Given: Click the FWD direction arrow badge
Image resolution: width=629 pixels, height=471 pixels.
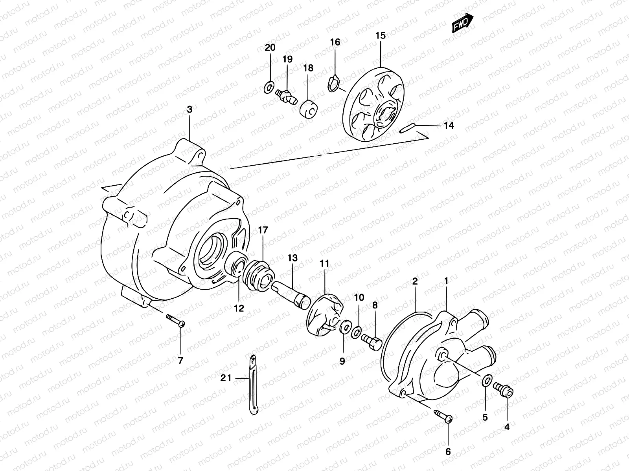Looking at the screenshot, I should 463,24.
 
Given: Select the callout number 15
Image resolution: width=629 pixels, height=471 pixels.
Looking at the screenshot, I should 380,36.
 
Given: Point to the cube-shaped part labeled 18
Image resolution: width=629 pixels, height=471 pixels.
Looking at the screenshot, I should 309,109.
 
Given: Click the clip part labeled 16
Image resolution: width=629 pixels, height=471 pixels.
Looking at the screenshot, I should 333,84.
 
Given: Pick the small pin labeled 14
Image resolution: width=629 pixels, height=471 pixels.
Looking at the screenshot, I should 405,128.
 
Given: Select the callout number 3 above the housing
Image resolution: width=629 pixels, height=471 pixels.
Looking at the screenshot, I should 189,110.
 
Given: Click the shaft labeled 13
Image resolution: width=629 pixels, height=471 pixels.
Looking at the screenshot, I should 293,293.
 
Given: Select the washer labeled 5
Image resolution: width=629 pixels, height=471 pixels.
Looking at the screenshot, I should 487,380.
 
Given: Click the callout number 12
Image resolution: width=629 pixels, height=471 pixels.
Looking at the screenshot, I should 239,308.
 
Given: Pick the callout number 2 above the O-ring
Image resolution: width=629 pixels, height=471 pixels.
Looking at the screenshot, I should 415,281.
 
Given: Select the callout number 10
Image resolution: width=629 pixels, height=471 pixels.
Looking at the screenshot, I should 359,297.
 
